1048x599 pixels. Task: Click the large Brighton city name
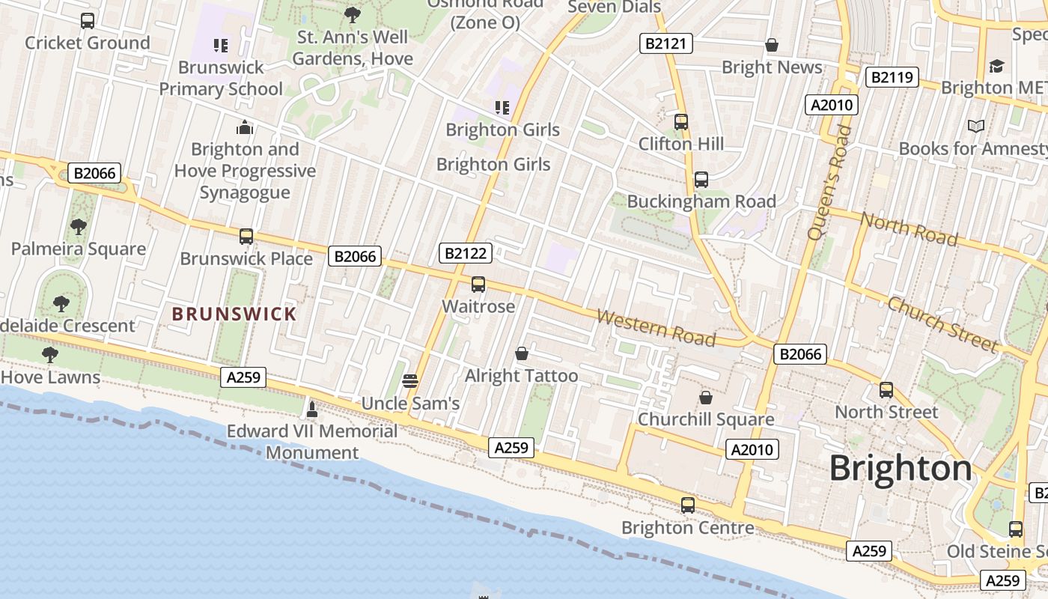[901, 469]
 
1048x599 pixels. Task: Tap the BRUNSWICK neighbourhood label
[234, 314]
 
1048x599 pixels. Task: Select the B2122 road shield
[466, 253]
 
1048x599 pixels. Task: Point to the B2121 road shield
[665, 43]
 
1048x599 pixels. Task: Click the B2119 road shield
[892, 76]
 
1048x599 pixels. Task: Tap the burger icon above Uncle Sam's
[409, 380]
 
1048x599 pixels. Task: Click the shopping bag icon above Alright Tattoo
[522, 353]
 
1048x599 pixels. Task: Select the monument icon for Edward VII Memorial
[312, 409]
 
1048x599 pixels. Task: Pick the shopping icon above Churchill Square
[705, 398]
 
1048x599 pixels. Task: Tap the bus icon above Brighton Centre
[688, 505]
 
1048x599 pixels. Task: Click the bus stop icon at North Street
[886, 390]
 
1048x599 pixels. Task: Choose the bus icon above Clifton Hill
[680, 121]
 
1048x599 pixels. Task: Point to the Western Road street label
[656, 328]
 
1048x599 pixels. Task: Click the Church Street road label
[942, 324]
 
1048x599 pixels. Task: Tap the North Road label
[909, 228]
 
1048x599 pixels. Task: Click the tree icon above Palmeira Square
[78, 226]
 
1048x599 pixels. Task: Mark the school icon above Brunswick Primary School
[221, 46]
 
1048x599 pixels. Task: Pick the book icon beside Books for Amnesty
[976, 126]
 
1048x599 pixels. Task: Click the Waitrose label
[478, 306]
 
